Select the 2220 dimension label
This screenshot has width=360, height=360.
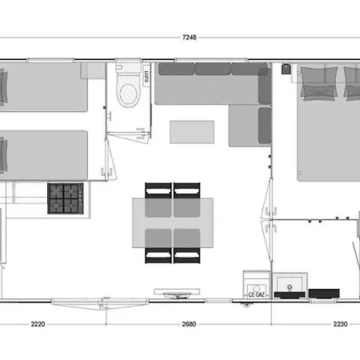[37, 325]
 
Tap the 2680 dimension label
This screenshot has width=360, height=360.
[189, 325]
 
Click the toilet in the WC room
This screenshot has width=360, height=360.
[126, 92]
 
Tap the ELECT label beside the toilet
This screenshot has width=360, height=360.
[147, 77]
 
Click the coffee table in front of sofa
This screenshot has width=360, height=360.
[193, 132]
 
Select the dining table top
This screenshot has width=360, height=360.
[166, 223]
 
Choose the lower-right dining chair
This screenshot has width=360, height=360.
[186, 255]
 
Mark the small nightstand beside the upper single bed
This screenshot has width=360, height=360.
[94, 72]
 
